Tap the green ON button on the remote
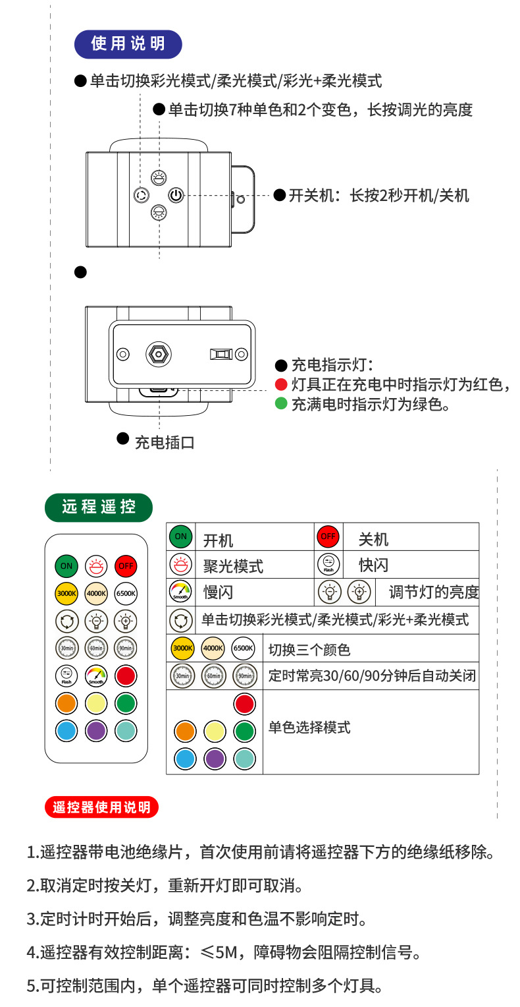pyautogui.click(x=66, y=565)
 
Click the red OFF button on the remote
pyautogui.click(x=125, y=565)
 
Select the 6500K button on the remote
pyautogui.click(x=125, y=593)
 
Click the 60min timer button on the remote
pyautogui.click(x=96, y=648)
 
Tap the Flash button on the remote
pyautogui.click(x=66, y=676)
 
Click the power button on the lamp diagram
pyautogui.click(x=175, y=195)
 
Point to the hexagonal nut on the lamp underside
pyautogui.click(x=159, y=354)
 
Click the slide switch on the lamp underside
pyautogui.click(x=221, y=355)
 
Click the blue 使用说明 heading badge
pyautogui.click(x=128, y=44)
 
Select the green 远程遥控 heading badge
pyautogui.click(x=99, y=507)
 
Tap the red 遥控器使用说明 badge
pyautogui.click(x=101, y=807)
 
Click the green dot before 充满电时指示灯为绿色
pyautogui.click(x=281, y=403)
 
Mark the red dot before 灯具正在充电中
pyautogui.click(x=281, y=385)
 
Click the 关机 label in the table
pyautogui.click(x=373, y=540)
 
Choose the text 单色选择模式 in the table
pyautogui.click(x=309, y=728)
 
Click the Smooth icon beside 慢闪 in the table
pyautogui.click(x=180, y=591)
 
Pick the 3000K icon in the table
pyautogui.click(x=182, y=648)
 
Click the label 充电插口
pyautogui.click(x=165, y=442)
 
